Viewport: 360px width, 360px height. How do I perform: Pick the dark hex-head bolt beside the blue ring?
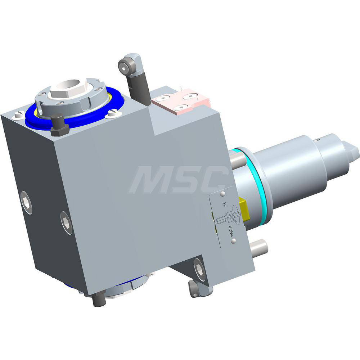coord(59,125)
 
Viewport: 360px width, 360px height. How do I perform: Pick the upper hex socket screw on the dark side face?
coord(26,202)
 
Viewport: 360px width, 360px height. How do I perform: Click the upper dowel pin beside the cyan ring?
coord(236,160)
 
